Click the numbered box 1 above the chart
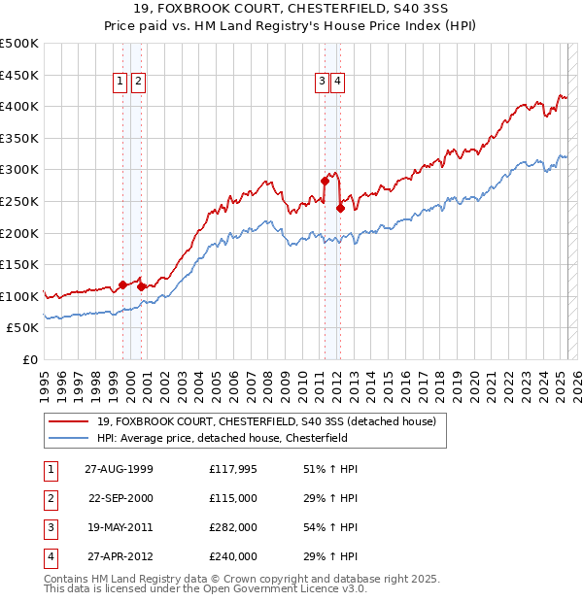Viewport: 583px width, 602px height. click(120, 83)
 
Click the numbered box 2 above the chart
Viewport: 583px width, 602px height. click(138, 83)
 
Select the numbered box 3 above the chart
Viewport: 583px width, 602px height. click(321, 83)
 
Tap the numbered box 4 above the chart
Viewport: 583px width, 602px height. click(337, 83)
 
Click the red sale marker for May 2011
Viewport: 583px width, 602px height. click(325, 181)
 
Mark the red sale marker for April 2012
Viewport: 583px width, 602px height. click(340, 207)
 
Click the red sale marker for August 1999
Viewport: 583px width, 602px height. click(123, 284)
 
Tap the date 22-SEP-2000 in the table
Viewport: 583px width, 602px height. click(120, 498)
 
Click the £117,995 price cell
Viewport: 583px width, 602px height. click(234, 469)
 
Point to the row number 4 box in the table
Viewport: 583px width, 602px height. click(49, 556)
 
